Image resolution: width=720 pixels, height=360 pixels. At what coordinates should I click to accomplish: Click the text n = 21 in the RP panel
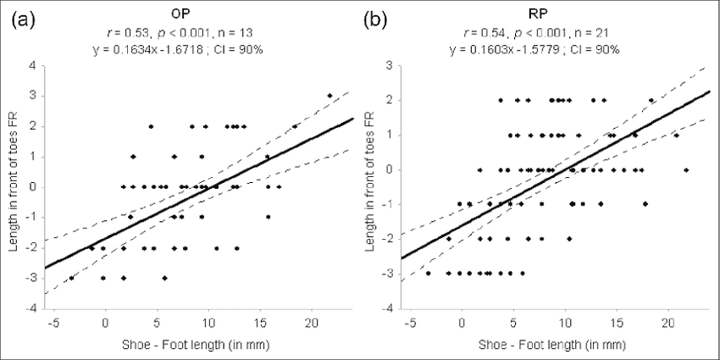coord(605,33)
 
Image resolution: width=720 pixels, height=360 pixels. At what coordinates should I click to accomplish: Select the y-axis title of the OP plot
coord(12,186)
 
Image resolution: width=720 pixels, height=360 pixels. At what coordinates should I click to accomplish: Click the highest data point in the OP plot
coord(330,96)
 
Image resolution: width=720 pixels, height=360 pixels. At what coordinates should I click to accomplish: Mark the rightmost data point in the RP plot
coord(686,169)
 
